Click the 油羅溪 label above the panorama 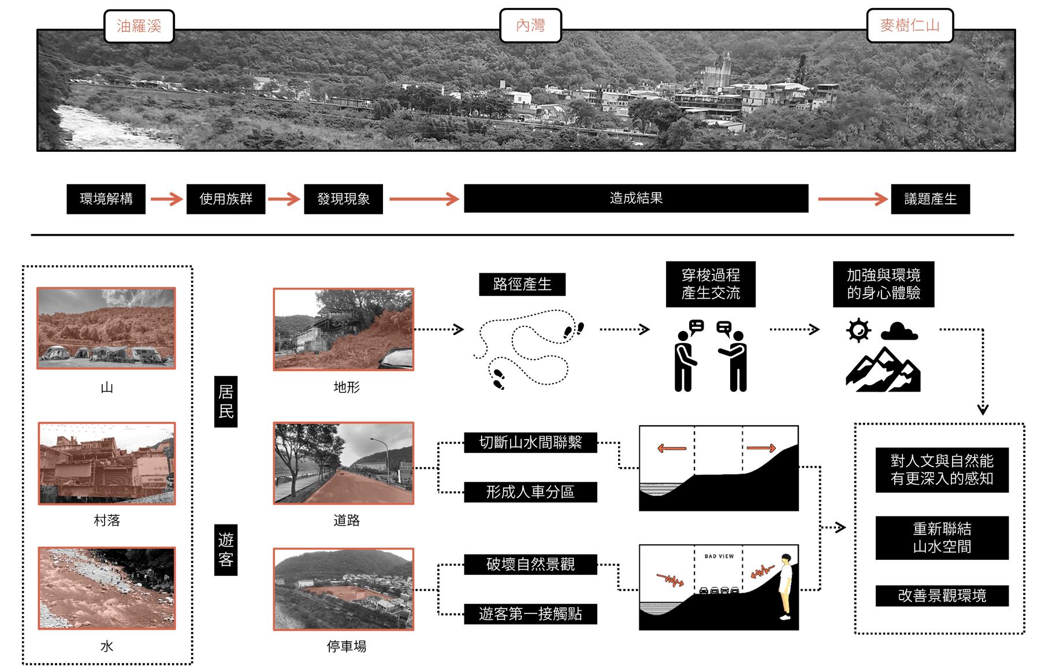tap(139, 26)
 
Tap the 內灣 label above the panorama tap(530, 25)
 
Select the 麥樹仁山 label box tap(909, 25)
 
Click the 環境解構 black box tap(106, 199)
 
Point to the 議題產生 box tap(930, 199)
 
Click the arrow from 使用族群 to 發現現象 tap(284, 199)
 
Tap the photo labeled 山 tap(106, 328)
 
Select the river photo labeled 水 tap(106, 588)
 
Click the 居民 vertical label tap(226, 402)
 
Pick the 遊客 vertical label tap(226, 549)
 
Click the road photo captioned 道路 tap(344, 463)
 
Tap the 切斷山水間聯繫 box tap(530, 443)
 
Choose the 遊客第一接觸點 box tap(530, 614)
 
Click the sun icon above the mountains tap(858, 330)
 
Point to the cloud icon tap(899, 332)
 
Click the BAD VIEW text tap(719, 556)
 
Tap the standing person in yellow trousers tap(785, 586)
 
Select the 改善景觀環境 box tap(942, 596)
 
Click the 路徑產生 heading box tap(522, 284)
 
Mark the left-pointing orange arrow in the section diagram tap(672, 448)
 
